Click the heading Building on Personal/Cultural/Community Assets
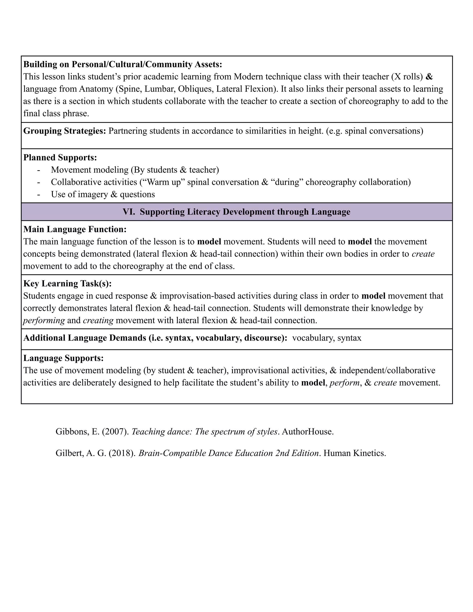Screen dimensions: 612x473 tap(122, 64)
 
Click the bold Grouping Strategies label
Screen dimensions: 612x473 tap(64, 131)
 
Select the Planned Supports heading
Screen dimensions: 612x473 tap(60, 158)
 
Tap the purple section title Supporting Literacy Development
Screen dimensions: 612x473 tap(245, 212)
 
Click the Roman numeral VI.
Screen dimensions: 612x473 tap(129, 212)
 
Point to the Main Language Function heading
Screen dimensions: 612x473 tap(75, 229)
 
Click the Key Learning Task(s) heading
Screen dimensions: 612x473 tap(67, 284)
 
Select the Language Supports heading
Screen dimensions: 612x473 tap(63, 358)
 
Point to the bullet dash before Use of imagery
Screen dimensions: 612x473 tap(38, 194)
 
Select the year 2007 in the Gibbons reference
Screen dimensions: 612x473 tap(115, 432)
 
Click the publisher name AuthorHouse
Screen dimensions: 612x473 tap(307, 432)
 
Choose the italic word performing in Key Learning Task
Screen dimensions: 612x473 tap(44, 320)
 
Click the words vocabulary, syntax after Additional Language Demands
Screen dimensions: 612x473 tap(327, 338)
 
